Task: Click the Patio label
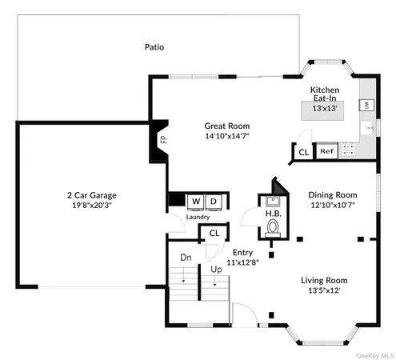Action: tap(154, 47)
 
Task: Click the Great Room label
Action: tap(226, 126)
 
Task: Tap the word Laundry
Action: tap(197, 216)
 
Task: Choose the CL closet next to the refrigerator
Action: tap(303, 151)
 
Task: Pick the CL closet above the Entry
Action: tap(213, 234)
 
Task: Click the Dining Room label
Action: tap(332, 194)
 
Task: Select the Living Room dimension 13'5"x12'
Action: tap(324, 290)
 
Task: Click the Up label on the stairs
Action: tap(215, 269)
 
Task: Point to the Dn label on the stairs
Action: tap(186, 258)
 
